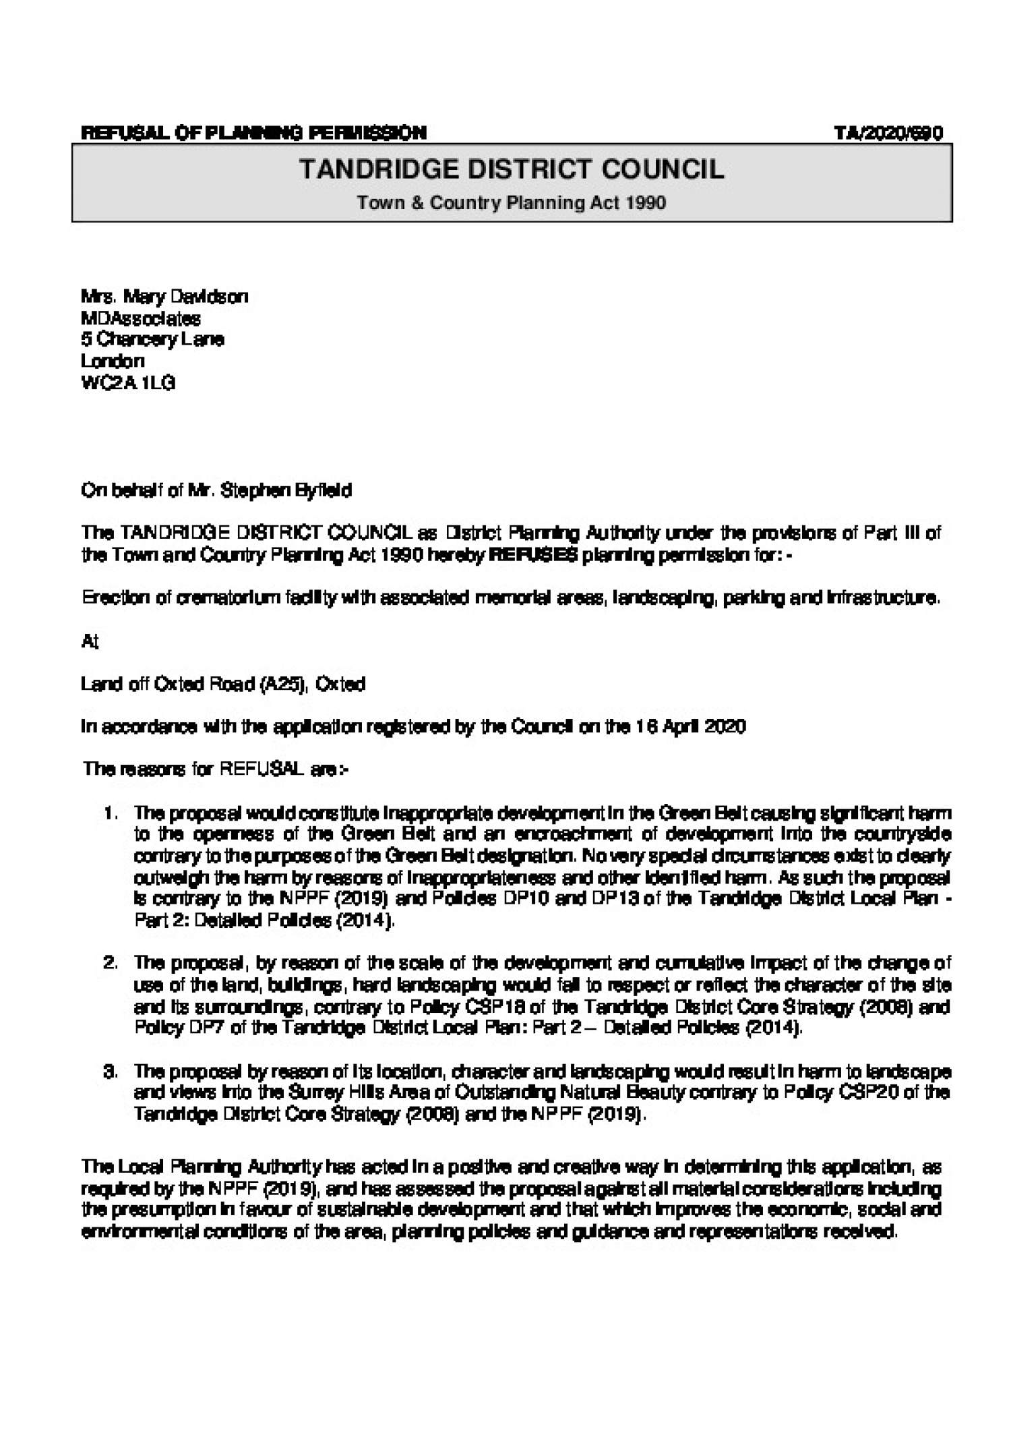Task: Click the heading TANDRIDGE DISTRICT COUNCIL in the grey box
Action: point(512,169)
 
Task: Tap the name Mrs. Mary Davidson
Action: point(164,296)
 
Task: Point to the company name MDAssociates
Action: point(141,317)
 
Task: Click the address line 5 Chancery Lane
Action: point(152,339)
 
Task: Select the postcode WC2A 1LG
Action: point(128,382)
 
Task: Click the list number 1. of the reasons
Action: point(112,814)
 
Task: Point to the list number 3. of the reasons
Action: point(112,1071)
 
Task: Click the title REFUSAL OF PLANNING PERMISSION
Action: point(253,133)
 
